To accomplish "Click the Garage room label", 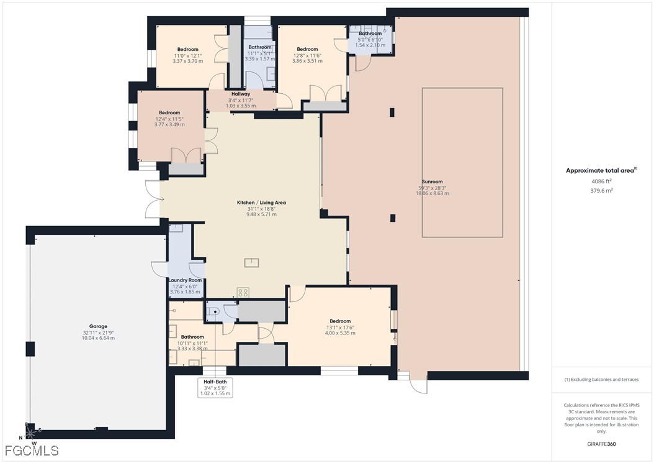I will pyautogui.click(x=98, y=326).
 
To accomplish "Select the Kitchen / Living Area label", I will pyautogui.click(x=261, y=203).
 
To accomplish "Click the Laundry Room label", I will pyautogui.click(x=185, y=280).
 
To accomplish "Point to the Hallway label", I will pyautogui.click(x=241, y=94).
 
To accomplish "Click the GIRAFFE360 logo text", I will pyautogui.click(x=601, y=444).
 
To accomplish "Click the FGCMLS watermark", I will pyautogui.click(x=32, y=450).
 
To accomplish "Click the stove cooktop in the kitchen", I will pyautogui.click(x=243, y=291).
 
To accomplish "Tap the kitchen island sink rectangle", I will pyautogui.click(x=252, y=262).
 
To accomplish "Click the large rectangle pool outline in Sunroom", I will pyautogui.click(x=462, y=162).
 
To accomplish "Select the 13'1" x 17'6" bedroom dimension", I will pyautogui.click(x=340, y=328).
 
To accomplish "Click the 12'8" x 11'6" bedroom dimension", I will pyautogui.click(x=307, y=55).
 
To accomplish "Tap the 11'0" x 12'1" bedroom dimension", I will pyautogui.click(x=187, y=55).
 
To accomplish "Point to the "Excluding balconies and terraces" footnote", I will pyautogui.click(x=601, y=379).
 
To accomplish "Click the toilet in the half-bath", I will pyautogui.click(x=213, y=311).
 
